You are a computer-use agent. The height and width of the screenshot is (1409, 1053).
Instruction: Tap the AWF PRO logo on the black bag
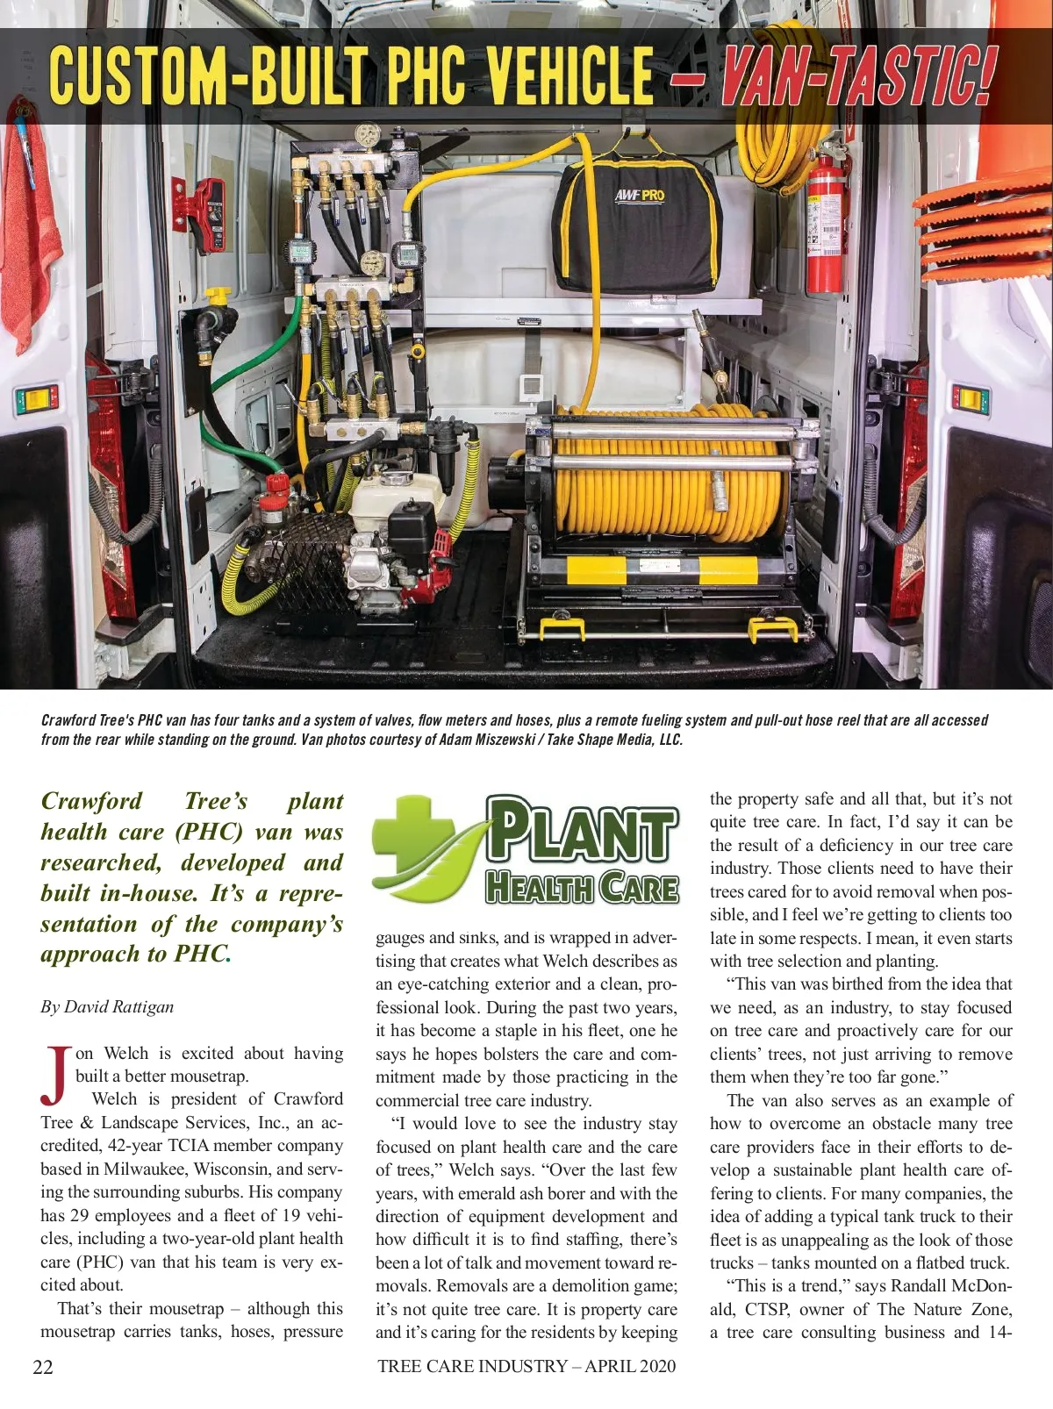pos(640,194)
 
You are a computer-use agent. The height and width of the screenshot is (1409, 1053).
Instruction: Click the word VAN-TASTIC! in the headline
pos(858,77)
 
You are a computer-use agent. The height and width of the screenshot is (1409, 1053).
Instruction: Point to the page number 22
pos(43,1366)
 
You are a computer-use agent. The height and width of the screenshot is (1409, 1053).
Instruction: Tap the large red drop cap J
pos(55,1074)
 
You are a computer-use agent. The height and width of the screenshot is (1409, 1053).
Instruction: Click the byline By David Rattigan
pos(107,1006)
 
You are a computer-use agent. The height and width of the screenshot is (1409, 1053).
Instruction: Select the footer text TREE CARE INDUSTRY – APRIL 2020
pos(526,1365)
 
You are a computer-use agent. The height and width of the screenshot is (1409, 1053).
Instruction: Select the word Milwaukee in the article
pos(144,1169)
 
